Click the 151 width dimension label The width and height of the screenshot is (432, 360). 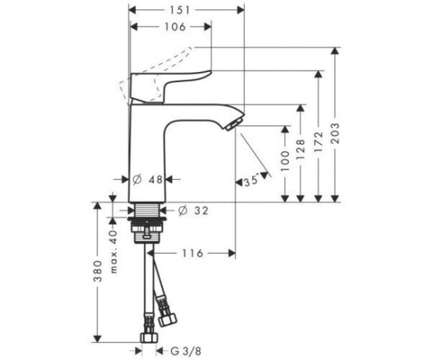coord(180,10)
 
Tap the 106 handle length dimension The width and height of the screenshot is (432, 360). coord(175,27)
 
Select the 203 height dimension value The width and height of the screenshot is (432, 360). coord(335,134)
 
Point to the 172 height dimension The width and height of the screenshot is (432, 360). coord(319,142)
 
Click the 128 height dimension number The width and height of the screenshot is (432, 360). coord(301,149)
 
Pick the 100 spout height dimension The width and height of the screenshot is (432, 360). coord(285,161)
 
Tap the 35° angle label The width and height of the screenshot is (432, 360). coord(251,181)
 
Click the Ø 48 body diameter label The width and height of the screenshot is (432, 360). coord(148,180)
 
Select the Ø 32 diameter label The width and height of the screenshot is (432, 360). coord(193,211)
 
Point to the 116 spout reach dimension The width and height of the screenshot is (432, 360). coord(193,253)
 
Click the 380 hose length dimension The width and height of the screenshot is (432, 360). coord(98,272)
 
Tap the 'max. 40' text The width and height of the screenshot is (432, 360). coord(113,252)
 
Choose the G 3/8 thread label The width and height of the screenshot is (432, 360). coord(186,351)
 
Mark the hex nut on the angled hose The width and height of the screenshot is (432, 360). coord(167,320)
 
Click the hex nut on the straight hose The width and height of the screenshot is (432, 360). coord(149,337)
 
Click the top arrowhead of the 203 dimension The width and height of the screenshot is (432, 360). coord(335,51)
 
